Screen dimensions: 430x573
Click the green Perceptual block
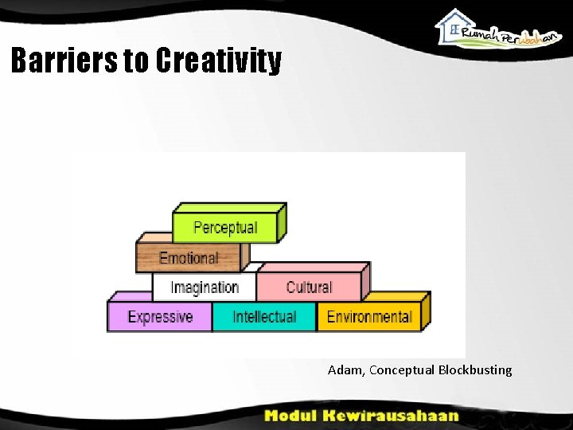click(225, 228)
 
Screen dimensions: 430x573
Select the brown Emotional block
click(189, 258)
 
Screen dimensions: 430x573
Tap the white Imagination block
click(205, 287)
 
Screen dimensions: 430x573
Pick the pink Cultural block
click(309, 287)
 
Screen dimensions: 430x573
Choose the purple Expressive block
click(160, 317)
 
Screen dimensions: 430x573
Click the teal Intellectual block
click(264, 317)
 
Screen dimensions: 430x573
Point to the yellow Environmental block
click(368, 317)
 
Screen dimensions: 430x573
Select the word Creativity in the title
click(219, 61)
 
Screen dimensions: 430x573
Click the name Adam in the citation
click(345, 370)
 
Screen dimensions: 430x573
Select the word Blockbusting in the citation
click(475, 370)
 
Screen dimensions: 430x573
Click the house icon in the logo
click(453, 24)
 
